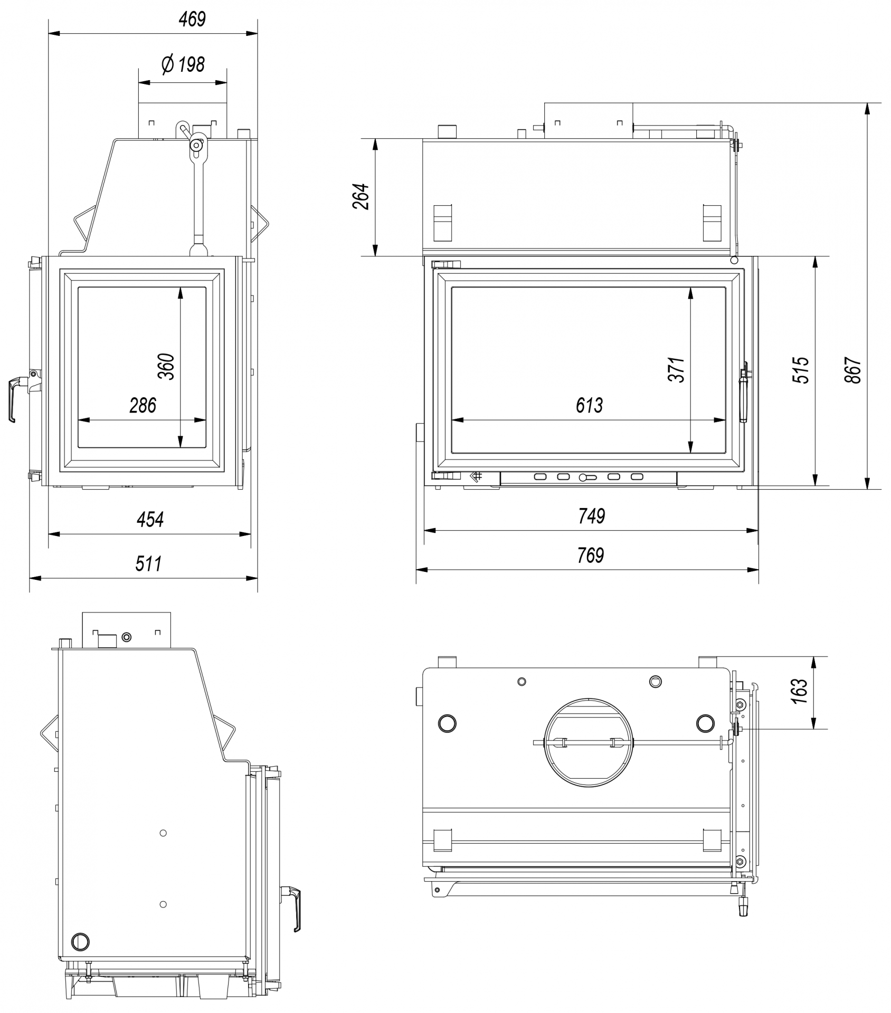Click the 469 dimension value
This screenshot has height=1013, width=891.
[x=192, y=20]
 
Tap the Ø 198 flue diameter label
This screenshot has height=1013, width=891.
[x=183, y=64]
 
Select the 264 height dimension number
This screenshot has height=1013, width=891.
[x=361, y=196]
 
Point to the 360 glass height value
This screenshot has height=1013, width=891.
[x=166, y=366]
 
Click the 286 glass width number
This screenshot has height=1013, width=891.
[x=143, y=405]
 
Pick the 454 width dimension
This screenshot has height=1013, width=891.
[x=150, y=519]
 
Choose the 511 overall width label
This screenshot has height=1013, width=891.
[x=148, y=563]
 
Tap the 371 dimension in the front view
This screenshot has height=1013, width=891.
[x=677, y=369]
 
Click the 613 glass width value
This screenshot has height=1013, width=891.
[x=589, y=405]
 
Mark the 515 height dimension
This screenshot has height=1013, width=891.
[x=801, y=370]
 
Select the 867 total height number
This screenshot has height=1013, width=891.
[x=854, y=370]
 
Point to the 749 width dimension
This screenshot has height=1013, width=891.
[x=591, y=516]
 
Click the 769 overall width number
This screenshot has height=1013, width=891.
[x=590, y=555]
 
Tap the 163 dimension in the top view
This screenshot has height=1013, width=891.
[x=800, y=691]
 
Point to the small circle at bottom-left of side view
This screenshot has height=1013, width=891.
[x=81, y=941]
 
